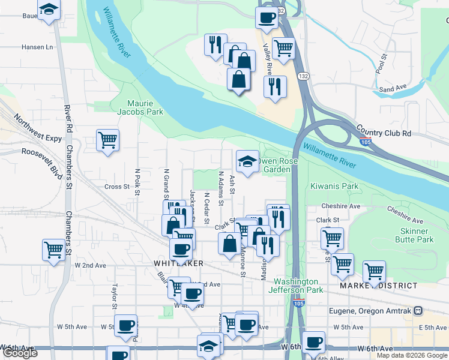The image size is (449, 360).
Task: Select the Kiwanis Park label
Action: [334, 187]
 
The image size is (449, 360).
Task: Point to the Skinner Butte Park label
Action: [412, 235]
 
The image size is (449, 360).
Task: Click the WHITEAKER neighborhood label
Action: [178, 263]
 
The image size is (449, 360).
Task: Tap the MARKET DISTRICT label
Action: [378, 286]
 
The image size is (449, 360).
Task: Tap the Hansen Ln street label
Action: [37, 47]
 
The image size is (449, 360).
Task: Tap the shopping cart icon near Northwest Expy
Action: [108, 140]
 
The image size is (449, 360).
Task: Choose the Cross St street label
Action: [117, 187]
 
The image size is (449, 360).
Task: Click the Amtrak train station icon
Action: [418, 311]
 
